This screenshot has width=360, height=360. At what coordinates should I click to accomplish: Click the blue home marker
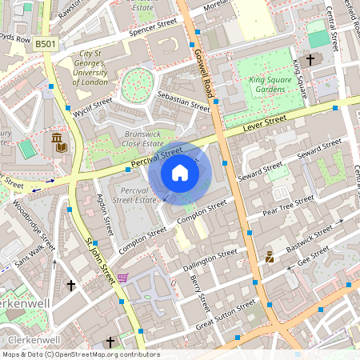tap(180, 172)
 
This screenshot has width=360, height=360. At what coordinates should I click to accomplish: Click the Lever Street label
tap(265, 121)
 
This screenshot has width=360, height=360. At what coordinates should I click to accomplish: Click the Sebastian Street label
tap(183, 101)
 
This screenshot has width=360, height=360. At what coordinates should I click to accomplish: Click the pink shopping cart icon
tap(122, 278)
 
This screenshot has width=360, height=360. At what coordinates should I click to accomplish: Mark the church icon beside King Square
tap(310, 59)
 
